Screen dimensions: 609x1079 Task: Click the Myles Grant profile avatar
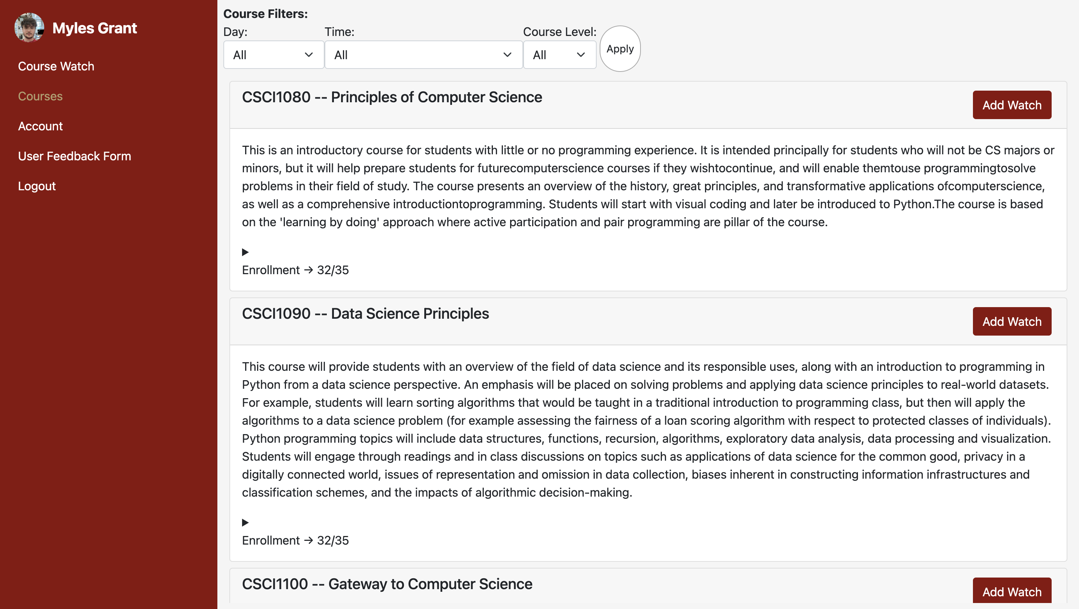(29, 28)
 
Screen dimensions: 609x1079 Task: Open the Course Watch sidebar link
(56, 66)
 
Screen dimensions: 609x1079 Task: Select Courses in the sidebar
(40, 96)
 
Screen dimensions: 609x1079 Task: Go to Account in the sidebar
(40, 126)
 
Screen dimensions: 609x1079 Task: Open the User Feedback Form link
(75, 156)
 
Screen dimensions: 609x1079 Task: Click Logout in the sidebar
(37, 186)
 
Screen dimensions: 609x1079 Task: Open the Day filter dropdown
(274, 55)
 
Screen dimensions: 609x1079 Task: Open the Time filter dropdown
(423, 55)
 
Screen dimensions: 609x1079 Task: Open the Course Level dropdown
(559, 55)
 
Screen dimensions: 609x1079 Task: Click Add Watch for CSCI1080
(1012, 105)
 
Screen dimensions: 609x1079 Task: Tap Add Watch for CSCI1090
(1012, 321)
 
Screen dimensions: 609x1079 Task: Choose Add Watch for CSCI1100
(1012, 591)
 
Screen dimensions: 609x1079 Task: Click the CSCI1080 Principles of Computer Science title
(392, 97)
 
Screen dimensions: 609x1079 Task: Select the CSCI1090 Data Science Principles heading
(365, 313)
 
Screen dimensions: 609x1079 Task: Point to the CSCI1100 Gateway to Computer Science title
(387, 584)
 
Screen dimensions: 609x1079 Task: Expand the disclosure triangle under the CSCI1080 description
(245, 252)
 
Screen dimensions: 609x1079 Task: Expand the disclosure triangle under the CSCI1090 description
(245, 522)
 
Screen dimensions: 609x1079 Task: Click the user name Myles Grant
(95, 28)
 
